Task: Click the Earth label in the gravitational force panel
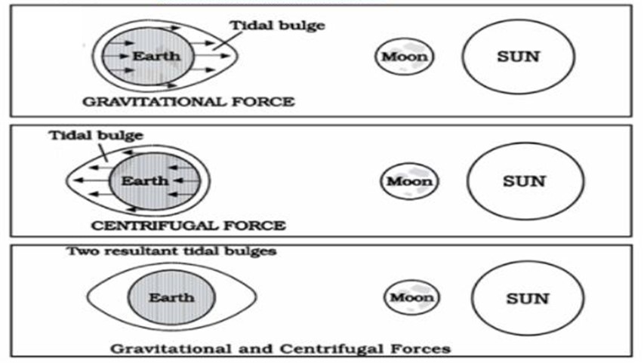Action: click(x=156, y=56)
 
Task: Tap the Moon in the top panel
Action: click(x=405, y=57)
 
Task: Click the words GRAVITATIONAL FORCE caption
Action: click(x=189, y=101)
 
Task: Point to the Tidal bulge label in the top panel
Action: click(x=277, y=26)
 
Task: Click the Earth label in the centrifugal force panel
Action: click(x=145, y=180)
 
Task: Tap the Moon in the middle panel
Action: click(x=409, y=181)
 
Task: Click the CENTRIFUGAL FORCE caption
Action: click(x=189, y=226)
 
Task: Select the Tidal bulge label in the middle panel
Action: click(x=96, y=136)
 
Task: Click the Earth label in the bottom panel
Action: click(x=171, y=297)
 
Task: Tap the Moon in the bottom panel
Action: click(x=412, y=297)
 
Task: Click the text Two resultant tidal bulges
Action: click(x=171, y=251)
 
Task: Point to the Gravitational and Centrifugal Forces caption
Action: click(x=281, y=349)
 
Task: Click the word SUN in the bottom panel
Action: click(x=528, y=299)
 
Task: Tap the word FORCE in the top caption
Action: click(x=263, y=101)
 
